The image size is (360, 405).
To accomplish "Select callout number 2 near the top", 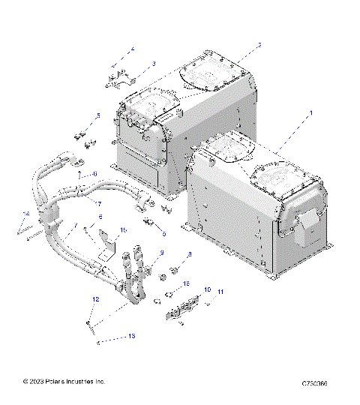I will (259, 46).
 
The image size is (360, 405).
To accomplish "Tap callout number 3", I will (153, 64).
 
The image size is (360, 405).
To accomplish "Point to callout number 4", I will (132, 49).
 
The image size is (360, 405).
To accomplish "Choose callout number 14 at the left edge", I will (25, 214).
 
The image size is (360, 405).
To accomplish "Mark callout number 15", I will (124, 231).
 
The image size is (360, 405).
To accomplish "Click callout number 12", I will (95, 299).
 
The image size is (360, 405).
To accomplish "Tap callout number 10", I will (207, 289).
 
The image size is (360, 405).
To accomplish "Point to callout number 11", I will (220, 291).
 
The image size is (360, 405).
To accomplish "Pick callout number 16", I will (187, 283).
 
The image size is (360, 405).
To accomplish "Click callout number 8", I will (190, 255).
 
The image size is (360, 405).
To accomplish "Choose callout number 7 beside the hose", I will (74, 225).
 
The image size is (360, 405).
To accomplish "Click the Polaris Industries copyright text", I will (64, 382).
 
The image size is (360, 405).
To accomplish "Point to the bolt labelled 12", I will (91, 324).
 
